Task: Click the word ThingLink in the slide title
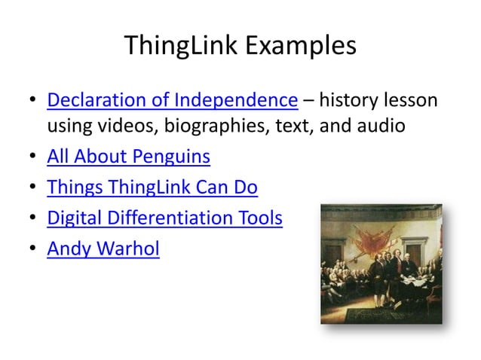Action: (176, 46)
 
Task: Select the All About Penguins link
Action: (129, 157)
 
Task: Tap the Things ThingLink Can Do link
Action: (152, 188)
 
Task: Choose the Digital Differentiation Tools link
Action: (164, 218)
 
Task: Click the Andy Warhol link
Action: (103, 249)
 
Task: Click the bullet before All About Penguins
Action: (32, 158)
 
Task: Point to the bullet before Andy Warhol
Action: (32, 249)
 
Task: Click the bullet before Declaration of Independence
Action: (32, 100)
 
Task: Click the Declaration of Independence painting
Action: (381, 264)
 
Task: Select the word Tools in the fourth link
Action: (259, 218)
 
